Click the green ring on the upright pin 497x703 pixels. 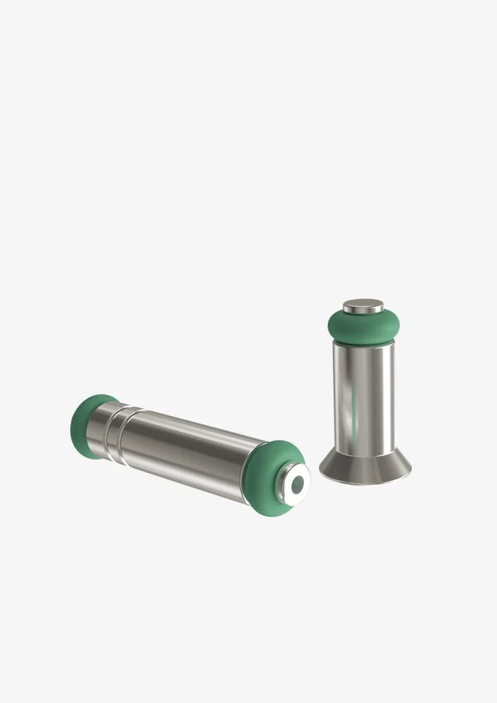click(363, 327)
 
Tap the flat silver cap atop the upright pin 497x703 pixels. click(364, 306)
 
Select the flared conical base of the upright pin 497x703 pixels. click(365, 467)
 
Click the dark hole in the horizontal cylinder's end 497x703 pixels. click(297, 485)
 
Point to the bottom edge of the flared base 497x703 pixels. click(365, 483)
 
